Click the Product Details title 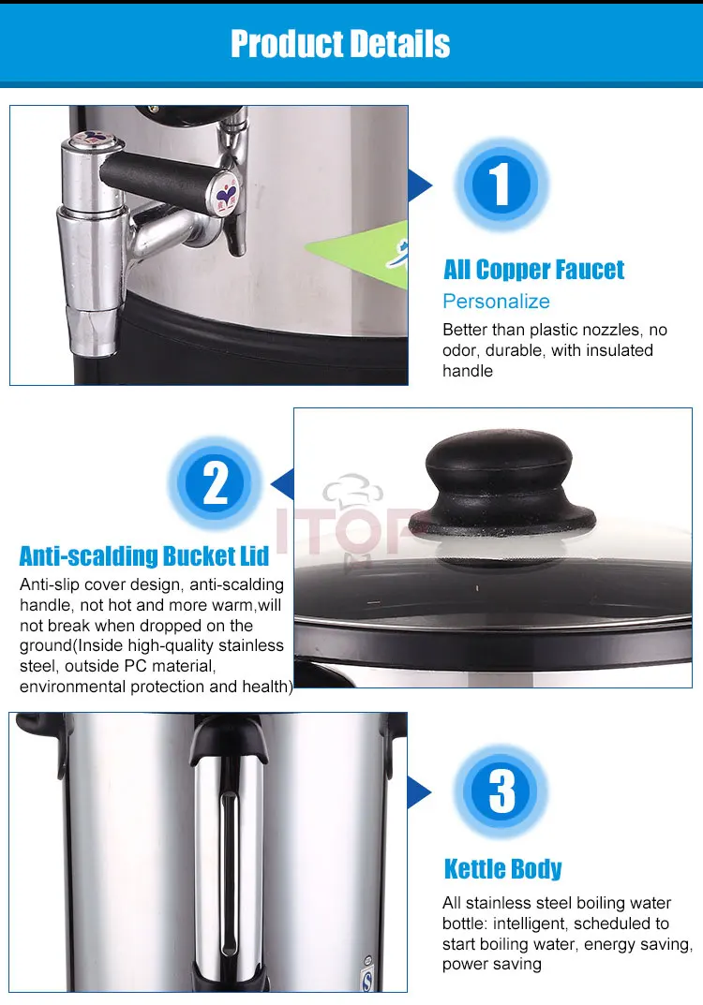(340, 44)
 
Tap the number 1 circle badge (501, 184)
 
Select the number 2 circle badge (215, 482)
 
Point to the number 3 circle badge (501, 791)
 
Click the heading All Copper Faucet (533, 270)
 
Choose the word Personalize (496, 302)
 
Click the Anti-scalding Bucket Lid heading (143, 555)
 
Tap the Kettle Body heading (502, 869)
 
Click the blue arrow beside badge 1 (419, 185)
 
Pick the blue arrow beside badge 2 (283, 484)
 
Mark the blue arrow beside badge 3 (419, 792)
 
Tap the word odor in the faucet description (459, 350)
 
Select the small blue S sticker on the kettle (367, 980)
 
